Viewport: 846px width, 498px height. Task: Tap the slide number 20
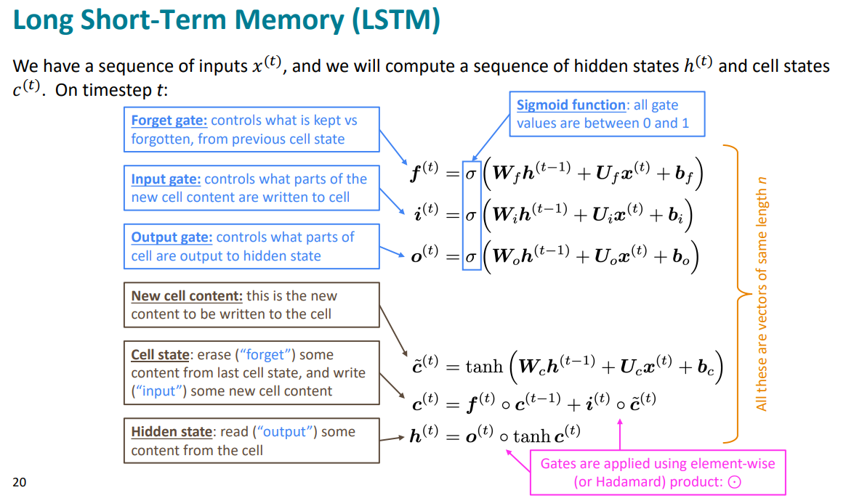19,481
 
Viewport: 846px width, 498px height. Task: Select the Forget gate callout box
251,129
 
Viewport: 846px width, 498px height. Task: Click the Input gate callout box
251,188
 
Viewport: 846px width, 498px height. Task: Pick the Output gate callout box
251,246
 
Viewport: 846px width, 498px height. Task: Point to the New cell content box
251,305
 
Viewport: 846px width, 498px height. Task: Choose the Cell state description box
251,372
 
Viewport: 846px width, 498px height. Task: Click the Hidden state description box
251,441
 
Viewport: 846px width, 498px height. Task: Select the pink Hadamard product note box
658,472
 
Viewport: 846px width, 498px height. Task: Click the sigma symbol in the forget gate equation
472,174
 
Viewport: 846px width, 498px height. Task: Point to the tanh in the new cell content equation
485,366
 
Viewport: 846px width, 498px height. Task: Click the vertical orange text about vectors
762,294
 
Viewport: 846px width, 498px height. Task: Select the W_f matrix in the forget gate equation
507,176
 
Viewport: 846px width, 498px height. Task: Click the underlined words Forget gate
169,121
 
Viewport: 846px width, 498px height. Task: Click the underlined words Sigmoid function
571,105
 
